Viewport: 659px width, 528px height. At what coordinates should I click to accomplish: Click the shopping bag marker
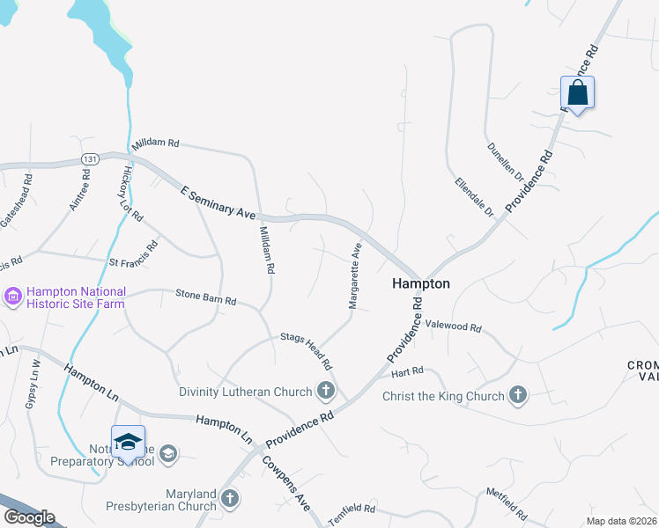coord(577,92)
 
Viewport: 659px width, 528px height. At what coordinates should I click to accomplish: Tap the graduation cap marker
coord(128,443)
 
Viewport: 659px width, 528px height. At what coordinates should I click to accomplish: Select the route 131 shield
coord(88,158)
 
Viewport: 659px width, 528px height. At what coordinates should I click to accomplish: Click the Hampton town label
coord(421,283)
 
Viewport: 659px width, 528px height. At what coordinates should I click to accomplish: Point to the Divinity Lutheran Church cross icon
coord(326,392)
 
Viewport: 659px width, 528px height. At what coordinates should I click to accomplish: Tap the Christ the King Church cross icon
coord(518,396)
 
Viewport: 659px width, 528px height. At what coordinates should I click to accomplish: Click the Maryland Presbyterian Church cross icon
coord(230,499)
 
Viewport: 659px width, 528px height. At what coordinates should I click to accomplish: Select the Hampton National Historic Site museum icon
coord(13,297)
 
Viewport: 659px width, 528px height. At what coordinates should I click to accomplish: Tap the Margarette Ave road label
coord(354,276)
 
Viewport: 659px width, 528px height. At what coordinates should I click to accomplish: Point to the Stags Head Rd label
coord(306,350)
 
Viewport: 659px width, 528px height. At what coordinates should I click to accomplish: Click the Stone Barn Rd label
coord(205,299)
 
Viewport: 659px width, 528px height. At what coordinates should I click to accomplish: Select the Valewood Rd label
coord(453,326)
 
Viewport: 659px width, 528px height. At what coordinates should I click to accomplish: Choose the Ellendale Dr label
coord(474,198)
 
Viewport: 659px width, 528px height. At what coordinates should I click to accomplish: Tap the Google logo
coord(28,517)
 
